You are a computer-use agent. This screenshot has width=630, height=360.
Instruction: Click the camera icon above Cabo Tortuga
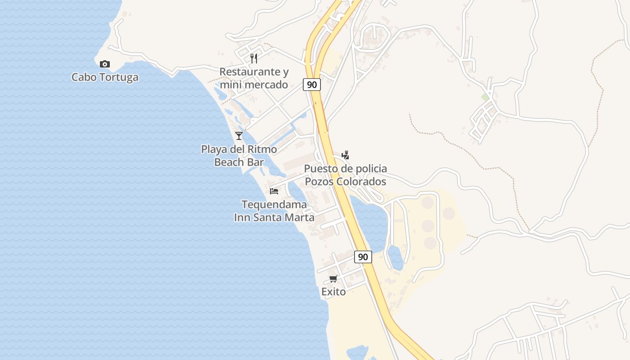105,64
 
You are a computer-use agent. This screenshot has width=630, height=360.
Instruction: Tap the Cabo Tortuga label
105,77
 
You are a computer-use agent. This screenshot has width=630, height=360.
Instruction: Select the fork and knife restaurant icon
254,58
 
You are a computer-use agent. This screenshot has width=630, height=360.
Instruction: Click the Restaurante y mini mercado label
254,78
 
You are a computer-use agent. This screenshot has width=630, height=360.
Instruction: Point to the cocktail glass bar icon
239,135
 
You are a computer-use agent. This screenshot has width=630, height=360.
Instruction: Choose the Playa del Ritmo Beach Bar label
239,155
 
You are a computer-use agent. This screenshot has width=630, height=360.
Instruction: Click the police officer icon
345,155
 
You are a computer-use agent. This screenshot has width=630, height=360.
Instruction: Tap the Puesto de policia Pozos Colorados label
345,175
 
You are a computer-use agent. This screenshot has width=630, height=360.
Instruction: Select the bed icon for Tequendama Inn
274,191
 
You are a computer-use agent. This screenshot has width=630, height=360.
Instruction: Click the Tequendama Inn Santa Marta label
274,211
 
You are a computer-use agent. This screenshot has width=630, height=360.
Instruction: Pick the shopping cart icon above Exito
333,279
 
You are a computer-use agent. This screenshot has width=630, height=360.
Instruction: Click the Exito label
333,292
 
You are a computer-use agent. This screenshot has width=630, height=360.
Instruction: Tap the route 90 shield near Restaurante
311,84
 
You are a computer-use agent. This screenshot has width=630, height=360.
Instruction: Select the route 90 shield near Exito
363,257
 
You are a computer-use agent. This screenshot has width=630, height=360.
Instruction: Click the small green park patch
485,97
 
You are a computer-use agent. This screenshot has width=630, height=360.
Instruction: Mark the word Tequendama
274,205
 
